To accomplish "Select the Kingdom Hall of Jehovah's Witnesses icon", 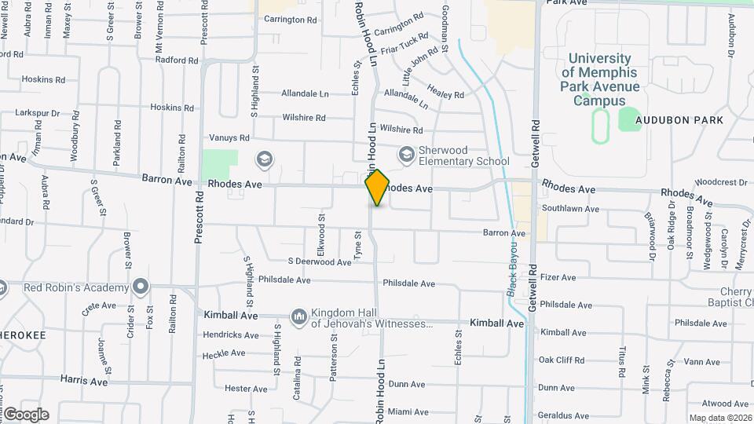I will (x=298, y=316).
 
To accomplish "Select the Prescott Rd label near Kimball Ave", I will (x=199, y=221).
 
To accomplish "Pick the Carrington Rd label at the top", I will (x=290, y=20).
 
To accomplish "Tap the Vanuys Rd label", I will (x=229, y=137).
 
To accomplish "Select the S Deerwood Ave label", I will (x=319, y=261).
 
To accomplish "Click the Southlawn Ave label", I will (x=570, y=209).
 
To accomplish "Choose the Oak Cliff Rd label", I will (x=562, y=360).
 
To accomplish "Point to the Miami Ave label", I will (x=406, y=411).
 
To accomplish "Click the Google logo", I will (x=26, y=414).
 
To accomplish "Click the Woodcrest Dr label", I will (x=721, y=182).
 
